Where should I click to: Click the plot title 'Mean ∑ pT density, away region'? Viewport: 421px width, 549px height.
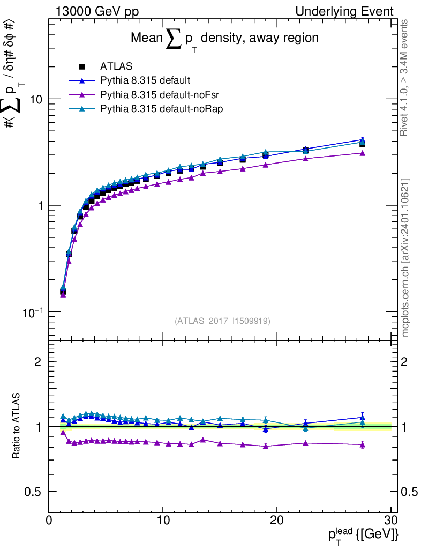pos(225,39)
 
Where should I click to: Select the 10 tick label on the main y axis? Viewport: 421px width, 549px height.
pos(36,100)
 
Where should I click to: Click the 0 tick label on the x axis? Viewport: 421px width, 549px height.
pos(49,520)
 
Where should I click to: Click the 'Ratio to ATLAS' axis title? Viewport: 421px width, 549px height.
pos(17,426)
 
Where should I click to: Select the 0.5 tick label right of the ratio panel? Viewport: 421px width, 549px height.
pos(409,492)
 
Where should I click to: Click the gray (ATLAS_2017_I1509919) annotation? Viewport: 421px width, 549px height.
pos(222,321)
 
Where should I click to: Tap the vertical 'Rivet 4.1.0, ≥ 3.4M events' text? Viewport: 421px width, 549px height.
pos(405,78)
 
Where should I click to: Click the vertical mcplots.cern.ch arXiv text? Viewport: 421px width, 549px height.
pos(405,257)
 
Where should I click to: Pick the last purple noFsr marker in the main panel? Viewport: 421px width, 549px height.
pos(363,153)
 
